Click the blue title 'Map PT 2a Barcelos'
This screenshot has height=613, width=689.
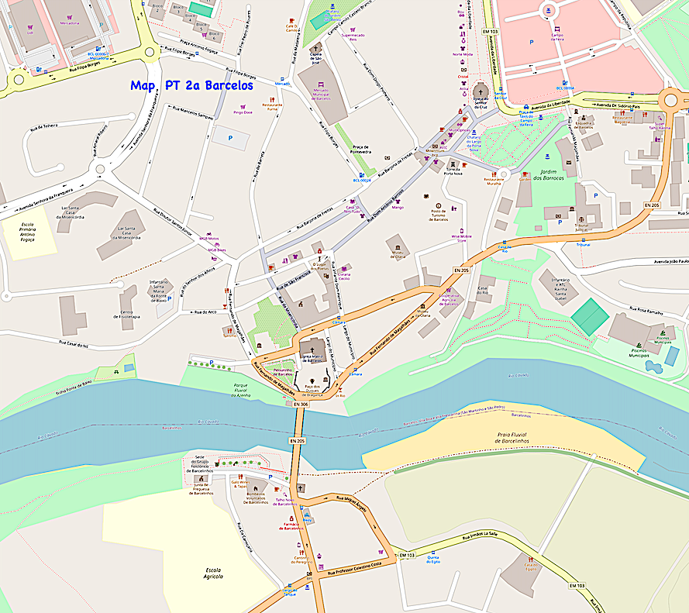click(191, 85)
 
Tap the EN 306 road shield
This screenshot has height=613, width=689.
click(301, 404)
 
